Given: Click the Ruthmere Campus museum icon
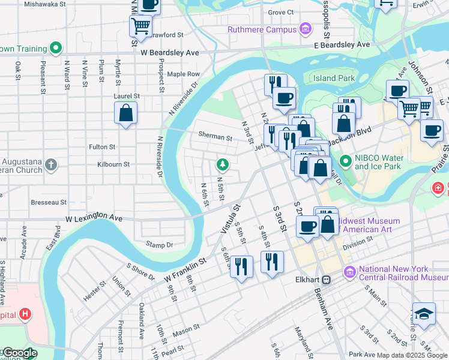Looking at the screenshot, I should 306,29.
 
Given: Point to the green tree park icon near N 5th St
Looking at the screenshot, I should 223,164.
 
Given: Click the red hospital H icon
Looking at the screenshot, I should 25,313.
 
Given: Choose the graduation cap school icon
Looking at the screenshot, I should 424,314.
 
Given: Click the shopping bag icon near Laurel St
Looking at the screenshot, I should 125,113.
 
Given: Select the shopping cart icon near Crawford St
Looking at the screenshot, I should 140,26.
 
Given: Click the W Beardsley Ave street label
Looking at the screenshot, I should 170,53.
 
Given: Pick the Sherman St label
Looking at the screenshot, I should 215,137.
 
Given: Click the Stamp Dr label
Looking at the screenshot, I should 160,244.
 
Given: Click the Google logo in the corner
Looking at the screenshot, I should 20,353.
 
